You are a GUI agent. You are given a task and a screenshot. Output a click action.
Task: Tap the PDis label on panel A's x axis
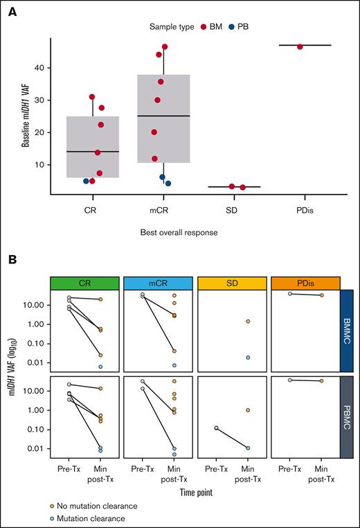coord(300,206)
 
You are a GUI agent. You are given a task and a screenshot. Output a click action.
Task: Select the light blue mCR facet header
coord(156,283)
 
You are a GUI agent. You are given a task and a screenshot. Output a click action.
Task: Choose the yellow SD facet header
coord(230,283)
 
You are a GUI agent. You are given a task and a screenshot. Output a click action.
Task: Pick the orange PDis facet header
coord(303,283)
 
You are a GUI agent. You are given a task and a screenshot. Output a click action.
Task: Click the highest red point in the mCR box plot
coord(165,47)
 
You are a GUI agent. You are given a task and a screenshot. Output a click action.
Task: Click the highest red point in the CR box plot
coord(92,97)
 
